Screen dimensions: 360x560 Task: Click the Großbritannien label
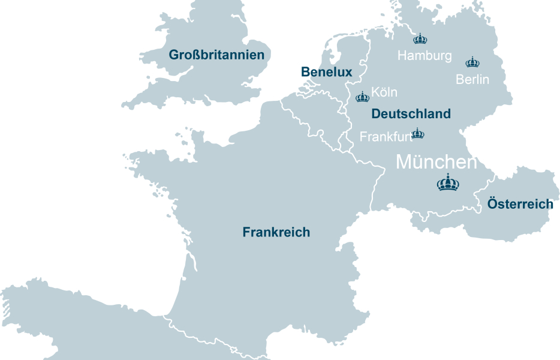(216, 55)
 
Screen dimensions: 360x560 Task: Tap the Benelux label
(326, 72)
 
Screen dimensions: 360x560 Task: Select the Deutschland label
(411, 113)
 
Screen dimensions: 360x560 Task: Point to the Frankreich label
(276, 232)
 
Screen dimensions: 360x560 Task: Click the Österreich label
(520, 204)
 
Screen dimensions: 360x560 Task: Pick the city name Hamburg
(424, 56)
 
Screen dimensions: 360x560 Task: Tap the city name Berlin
(472, 79)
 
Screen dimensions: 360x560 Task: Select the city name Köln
(384, 92)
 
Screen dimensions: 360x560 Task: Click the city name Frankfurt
(385, 137)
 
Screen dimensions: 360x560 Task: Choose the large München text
(436, 162)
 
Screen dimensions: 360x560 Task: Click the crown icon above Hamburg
(420, 39)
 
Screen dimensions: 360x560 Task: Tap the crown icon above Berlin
(472, 62)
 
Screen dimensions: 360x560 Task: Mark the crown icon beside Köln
(363, 97)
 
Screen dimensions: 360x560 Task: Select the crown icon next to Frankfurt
(417, 133)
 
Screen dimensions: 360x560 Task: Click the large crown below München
(448, 182)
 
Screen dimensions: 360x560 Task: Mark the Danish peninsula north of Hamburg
(414, 12)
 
